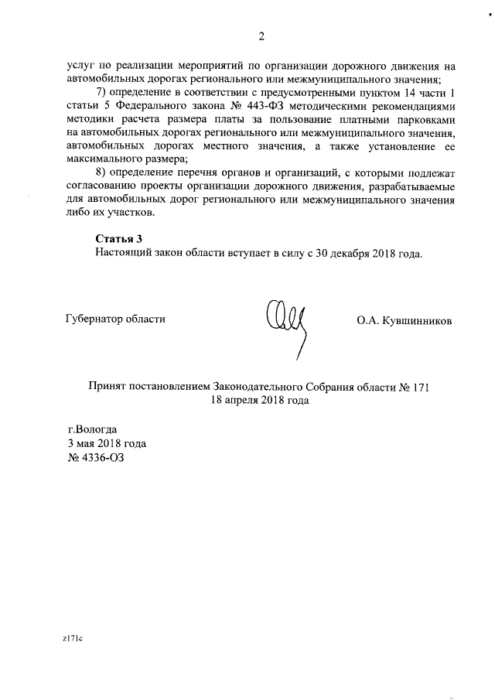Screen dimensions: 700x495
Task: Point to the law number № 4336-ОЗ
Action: point(96,458)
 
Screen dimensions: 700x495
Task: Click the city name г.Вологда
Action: point(93,430)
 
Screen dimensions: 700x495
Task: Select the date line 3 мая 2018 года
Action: point(107,444)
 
